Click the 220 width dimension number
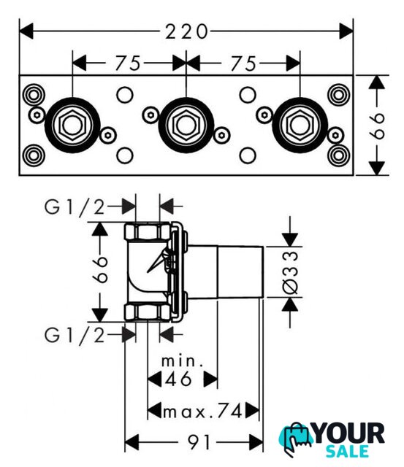pos(186,31)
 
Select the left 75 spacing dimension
pos(128,63)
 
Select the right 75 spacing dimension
pos(243,63)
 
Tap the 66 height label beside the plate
pos(377,126)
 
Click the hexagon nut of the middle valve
pos(186,125)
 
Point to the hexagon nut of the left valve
pos(72,125)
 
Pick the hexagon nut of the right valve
pos(300,125)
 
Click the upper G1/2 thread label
pos(75,207)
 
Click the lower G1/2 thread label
pos(75,335)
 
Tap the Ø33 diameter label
pos(290,272)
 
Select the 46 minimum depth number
pos(178,379)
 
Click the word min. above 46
pos(183,361)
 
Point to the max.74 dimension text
pos(203,412)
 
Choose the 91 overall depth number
pos(199,442)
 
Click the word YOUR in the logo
pos(348,433)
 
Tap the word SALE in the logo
pos(347,452)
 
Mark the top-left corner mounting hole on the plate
pos(34,95)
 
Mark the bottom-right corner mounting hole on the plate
pos(338,155)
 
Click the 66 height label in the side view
pos(99,269)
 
